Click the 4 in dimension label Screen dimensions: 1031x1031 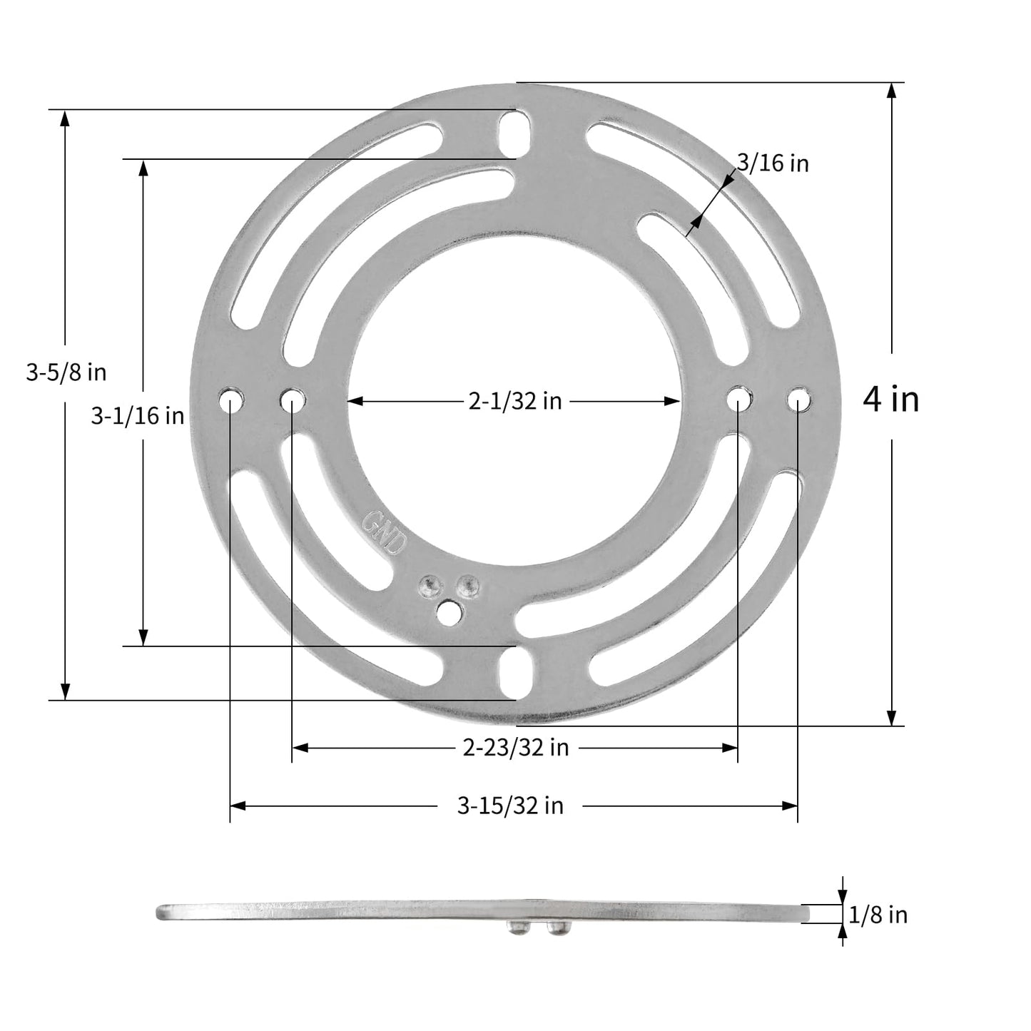890,399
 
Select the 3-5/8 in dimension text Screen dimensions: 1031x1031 66,372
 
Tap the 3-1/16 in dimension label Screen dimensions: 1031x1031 137,416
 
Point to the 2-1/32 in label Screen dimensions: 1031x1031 514,402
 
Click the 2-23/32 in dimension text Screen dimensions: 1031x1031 515,748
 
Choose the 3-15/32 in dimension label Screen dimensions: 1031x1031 510,806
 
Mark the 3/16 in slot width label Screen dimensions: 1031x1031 773,163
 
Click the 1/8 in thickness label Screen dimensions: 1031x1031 878,915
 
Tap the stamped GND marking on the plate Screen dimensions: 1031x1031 385,532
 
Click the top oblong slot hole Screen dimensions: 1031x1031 516,134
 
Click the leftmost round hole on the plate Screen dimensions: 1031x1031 230,400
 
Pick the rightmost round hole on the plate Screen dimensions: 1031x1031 798,400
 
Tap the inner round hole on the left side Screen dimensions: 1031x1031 293,400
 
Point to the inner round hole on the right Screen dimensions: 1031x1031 739,400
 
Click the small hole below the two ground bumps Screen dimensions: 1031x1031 449,611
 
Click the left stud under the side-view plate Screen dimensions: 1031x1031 517,928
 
